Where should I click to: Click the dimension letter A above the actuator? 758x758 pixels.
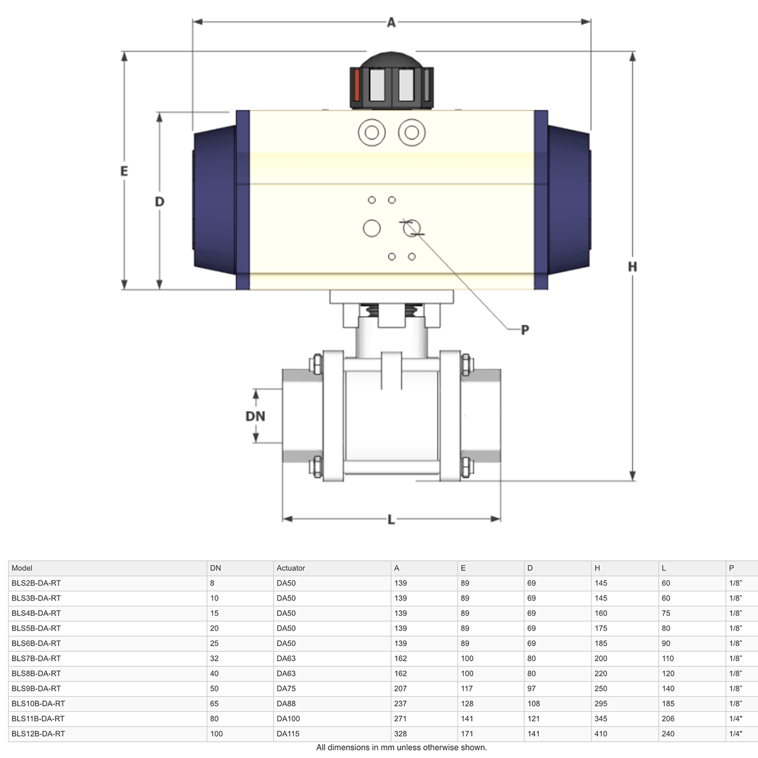coord(391,22)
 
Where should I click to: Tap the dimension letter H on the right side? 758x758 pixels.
coord(632,267)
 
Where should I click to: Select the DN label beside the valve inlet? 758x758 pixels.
coord(255,416)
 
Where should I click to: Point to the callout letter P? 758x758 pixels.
coord(525,330)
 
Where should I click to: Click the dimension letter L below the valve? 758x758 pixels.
coord(391,520)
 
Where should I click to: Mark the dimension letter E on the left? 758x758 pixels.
coord(124,171)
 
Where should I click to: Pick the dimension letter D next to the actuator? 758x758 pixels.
coord(159,202)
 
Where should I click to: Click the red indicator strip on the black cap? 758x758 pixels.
coord(357,85)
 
